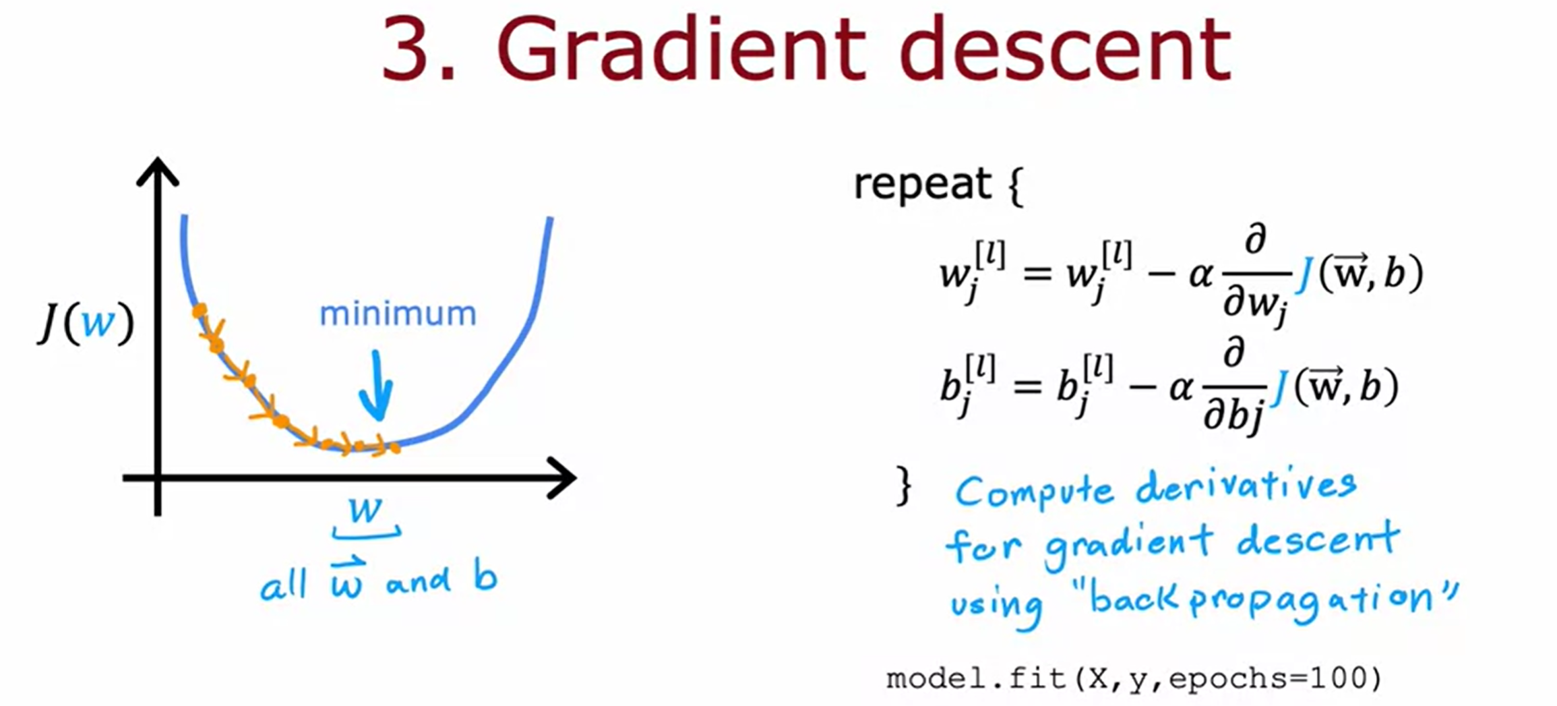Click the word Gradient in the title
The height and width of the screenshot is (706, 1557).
(x=680, y=49)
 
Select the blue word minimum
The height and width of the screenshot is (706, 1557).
(x=398, y=314)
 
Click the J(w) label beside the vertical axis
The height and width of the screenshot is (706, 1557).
(x=86, y=323)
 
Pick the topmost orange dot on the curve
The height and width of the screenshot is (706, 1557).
(x=199, y=311)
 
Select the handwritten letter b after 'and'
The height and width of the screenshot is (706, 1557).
(x=485, y=577)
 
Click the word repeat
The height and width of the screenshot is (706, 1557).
(x=922, y=183)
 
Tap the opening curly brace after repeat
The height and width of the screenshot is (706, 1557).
(x=1016, y=187)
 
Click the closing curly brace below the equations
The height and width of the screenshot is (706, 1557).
(x=904, y=486)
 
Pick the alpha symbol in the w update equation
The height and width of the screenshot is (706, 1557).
(x=1200, y=275)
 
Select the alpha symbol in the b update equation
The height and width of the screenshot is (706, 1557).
(x=1181, y=388)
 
